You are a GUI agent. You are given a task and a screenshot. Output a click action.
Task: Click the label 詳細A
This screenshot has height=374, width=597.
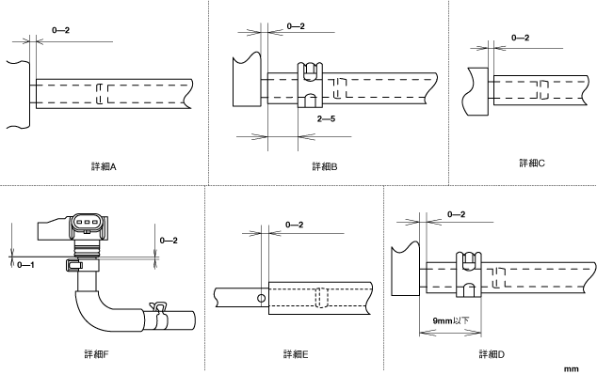coord(104,166)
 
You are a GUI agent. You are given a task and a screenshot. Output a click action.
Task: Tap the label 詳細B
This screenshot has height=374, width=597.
coord(325,166)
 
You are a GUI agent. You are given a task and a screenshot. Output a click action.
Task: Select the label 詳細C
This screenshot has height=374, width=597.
coord(532,164)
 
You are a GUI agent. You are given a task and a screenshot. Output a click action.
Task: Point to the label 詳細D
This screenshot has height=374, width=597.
coord(492,354)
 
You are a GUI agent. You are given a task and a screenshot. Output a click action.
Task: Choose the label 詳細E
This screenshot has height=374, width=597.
coord(296,354)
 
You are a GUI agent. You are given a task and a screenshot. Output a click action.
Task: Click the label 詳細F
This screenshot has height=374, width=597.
coord(96,354)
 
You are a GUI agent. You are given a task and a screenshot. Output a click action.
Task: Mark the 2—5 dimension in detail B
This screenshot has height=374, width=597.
coord(327,119)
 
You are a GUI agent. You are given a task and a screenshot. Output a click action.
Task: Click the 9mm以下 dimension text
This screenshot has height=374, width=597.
coord(451,320)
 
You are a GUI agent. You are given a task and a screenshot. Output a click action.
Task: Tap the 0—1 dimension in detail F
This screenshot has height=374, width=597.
coord(25,265)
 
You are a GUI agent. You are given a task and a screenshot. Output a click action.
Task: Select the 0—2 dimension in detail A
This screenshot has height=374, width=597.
coord(61,30)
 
